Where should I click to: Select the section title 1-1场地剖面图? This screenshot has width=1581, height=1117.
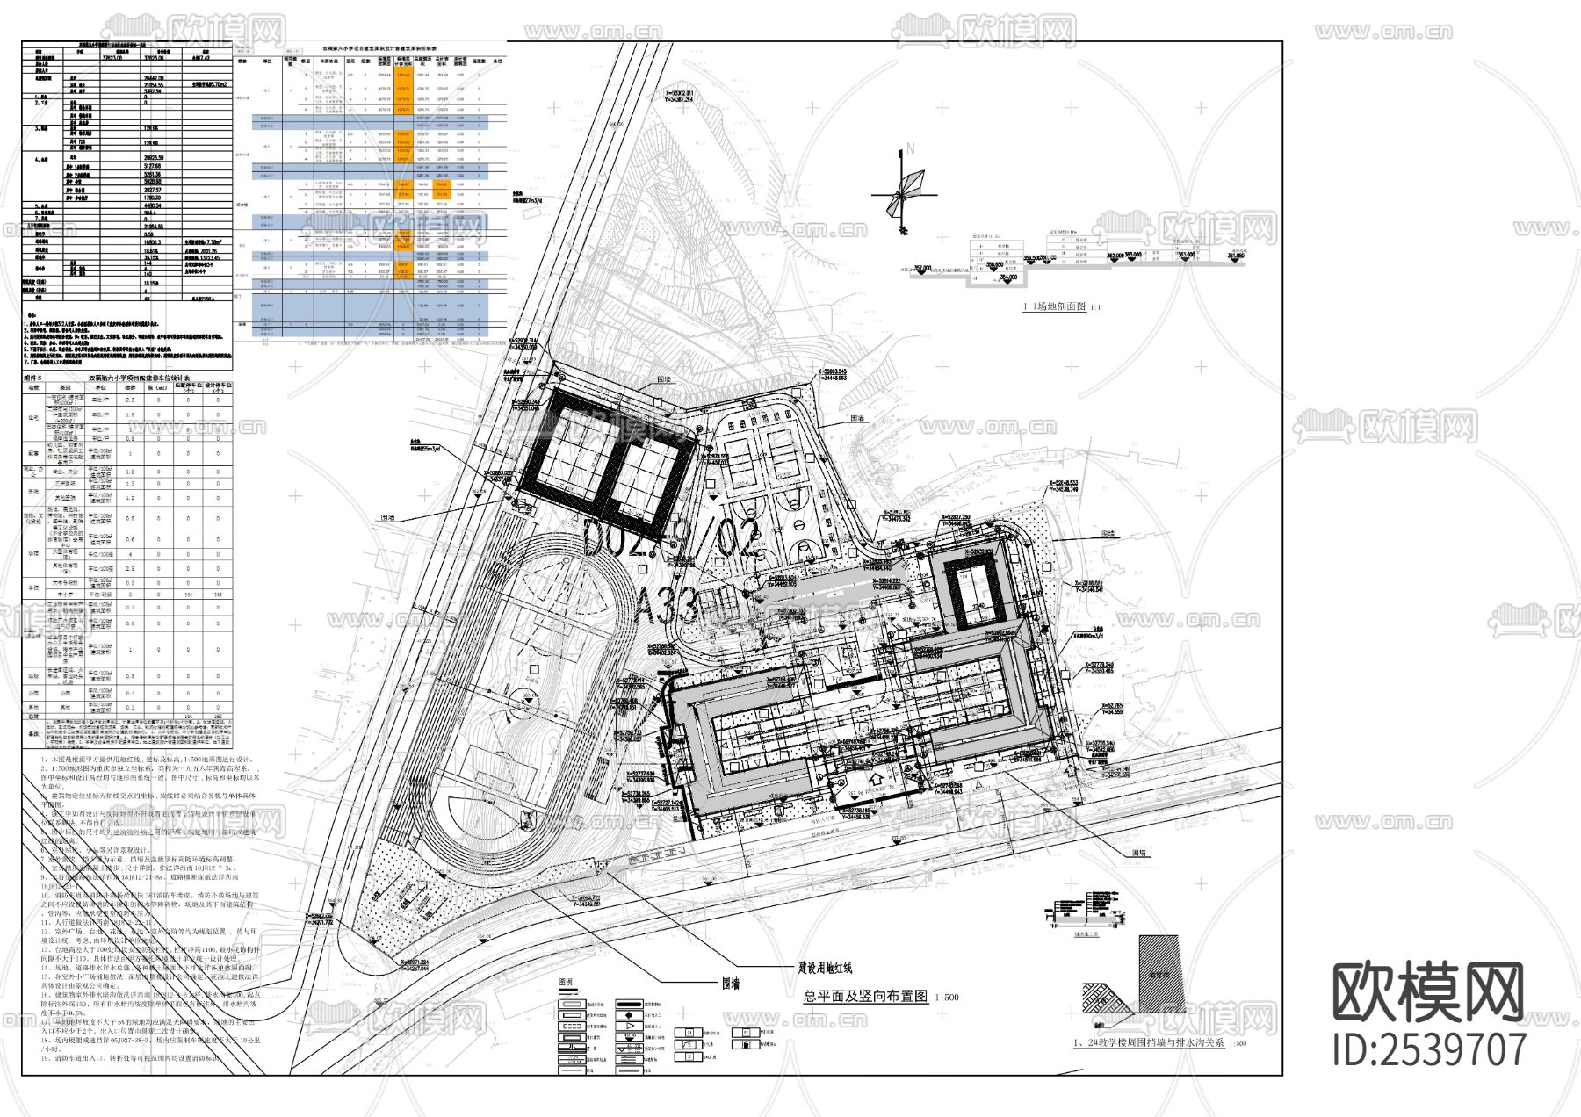point(1054,307)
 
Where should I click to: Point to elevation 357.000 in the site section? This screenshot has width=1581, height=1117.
point(921,268)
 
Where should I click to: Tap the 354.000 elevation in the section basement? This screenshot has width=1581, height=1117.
point(1007,277)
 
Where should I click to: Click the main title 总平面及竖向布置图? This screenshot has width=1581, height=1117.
point(865,997)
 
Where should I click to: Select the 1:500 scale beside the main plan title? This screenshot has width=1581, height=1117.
point(948,998)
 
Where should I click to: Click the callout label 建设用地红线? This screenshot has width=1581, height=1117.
point(825,968)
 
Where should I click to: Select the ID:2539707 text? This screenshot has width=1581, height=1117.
point(1429,1049)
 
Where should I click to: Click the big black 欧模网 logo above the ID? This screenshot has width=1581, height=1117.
point(1428,992)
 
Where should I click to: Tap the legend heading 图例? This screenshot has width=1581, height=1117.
point(567,982)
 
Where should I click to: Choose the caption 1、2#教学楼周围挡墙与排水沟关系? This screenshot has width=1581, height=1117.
point(1149,1043)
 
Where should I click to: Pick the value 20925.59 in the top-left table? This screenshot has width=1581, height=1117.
point(155,157)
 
